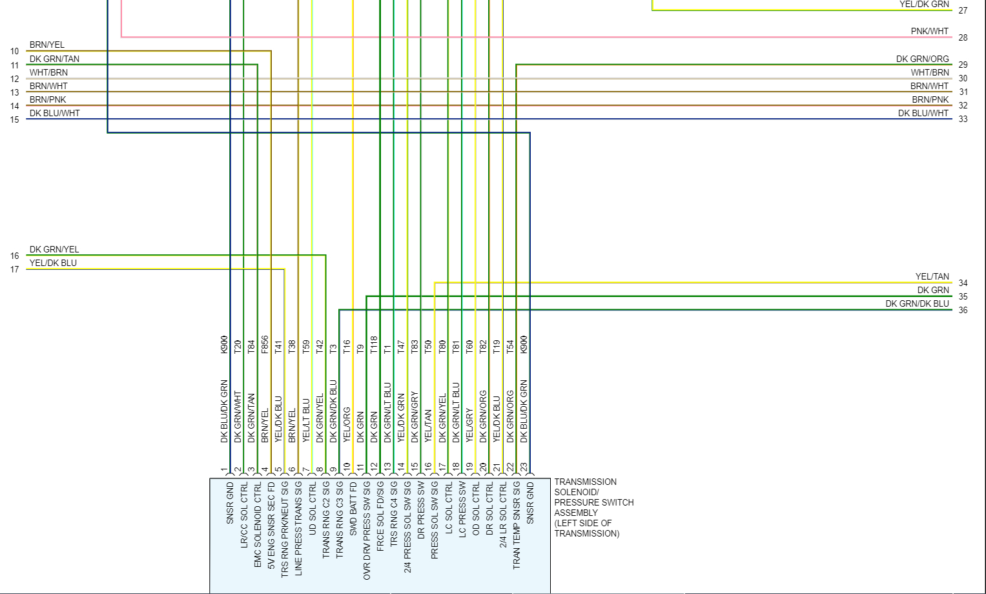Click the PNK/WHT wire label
pyautogui.click(x=930, y=31)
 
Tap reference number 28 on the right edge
pyautogui.click(x=963, y=37)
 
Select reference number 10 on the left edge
pyautogui.click(x=15, y=52)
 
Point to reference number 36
pyautogui.click(x=963, y=310)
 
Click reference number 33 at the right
pyautogui.click(x=963, y=119)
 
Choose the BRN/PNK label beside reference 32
pyautogui.click(x=930, y=99)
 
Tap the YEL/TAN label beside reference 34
pyautogui.click(x=932, y=276)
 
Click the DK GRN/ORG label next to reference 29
pyautogui.click(x=922, y=59)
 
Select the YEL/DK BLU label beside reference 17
pyautogui.click(x=53, y=263)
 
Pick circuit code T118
pyautogui.click(x=373, y=345)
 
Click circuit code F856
pyautogui.click(x=265, y=345)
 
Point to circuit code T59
pyautogui.click(x=305, y=347)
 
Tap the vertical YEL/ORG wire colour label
pyautogui.click(x=347, y=424)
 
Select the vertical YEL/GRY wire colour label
pyautogui.click(x=469, y=424)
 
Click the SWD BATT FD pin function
pyautogui.click(x=353, y=507)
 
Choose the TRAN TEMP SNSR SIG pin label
pyautogui.click(x=517, y=525)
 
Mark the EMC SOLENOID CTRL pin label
pyautogui.click(x=258, y=525)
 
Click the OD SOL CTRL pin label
pyautogui.click(x=476, y=507)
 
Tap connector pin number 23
pyautogui.click(x=524, y=467)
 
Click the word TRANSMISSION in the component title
pyautogui.click(x=585, y=482)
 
